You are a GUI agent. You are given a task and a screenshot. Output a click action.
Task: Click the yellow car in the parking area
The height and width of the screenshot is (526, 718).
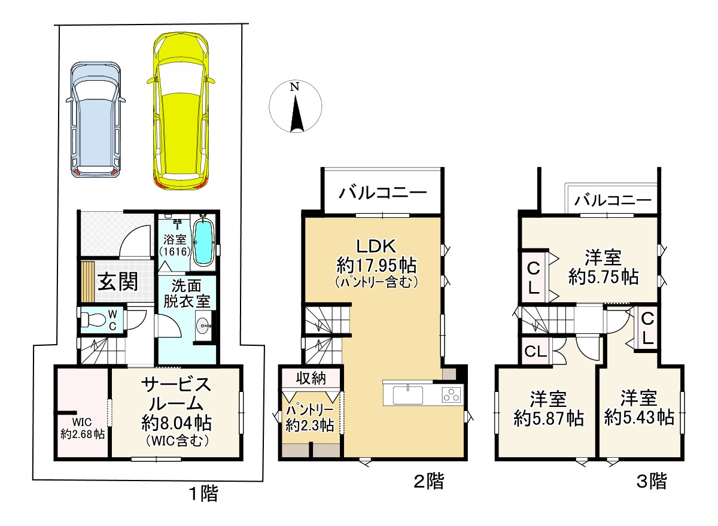(181, 111)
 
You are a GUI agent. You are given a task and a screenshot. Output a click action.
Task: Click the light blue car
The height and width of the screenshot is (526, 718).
(96, 120)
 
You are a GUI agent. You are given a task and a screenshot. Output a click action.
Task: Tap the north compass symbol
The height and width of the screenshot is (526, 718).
(295, 107)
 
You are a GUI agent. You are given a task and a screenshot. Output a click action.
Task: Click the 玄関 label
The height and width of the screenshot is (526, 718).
(118, 282)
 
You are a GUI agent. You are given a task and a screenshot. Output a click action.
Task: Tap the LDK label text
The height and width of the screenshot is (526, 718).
(376, 246)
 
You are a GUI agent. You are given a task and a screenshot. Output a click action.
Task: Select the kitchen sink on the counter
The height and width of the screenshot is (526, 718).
(407, 396)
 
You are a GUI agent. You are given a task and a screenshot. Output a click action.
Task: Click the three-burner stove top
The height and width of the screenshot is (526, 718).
(452, 394)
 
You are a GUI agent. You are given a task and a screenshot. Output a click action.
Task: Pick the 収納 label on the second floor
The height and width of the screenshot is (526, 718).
(311, 378)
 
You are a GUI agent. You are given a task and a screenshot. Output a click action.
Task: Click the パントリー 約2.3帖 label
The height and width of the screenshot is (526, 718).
(310, 418)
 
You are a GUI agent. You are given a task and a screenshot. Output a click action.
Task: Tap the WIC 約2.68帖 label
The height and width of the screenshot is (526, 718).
(83, 428)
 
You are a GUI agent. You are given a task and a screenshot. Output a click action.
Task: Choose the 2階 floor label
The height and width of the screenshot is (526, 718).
(429, 481)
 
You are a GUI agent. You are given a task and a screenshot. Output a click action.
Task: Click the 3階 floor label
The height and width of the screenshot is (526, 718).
(652, 481)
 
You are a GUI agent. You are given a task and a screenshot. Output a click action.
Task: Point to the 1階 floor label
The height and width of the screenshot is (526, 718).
(204, 493)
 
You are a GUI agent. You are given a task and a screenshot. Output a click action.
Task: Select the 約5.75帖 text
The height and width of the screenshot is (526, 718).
(604, 277)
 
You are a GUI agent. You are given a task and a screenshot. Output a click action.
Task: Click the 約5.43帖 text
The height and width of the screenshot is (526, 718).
(639, 418)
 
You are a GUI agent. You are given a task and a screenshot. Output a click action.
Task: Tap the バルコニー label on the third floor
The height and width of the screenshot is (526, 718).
(613, 200)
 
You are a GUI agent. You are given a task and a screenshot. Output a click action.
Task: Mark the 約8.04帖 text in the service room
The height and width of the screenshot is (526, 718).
(176, 423)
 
